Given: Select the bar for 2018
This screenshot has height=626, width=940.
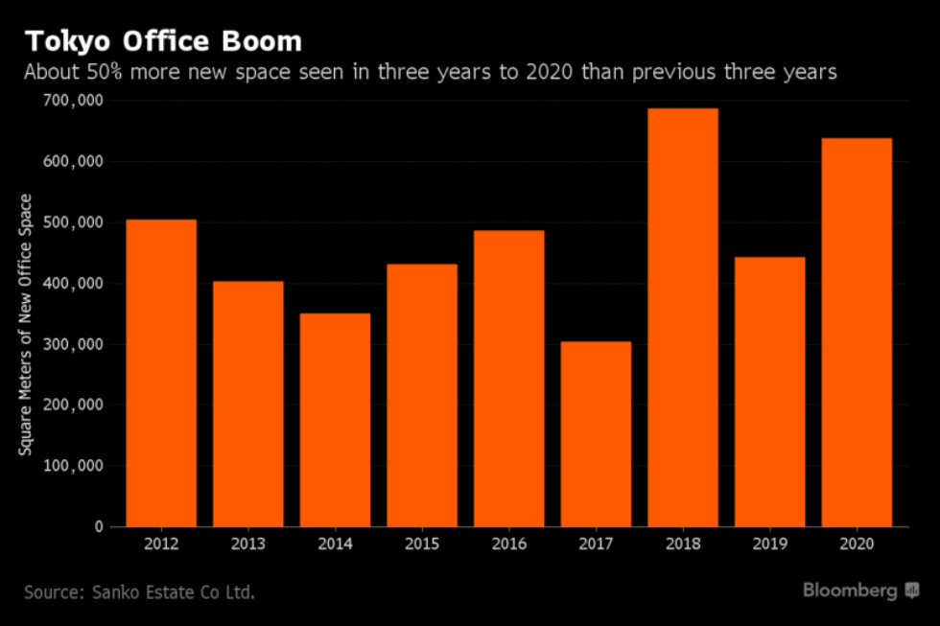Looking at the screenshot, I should click(683, 317).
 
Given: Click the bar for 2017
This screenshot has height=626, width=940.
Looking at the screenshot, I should click(596, 433).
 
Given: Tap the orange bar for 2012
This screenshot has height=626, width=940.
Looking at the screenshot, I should click(161, 373).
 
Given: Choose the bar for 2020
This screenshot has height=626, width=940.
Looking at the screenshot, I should click(857, 332).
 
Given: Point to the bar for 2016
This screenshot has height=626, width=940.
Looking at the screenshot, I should click(508, 378).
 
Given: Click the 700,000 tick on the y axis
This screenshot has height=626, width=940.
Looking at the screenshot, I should click(75, 101).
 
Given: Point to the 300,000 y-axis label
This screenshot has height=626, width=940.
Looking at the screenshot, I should click(75, 344).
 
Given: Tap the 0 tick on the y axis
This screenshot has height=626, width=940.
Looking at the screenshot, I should click(98, 526).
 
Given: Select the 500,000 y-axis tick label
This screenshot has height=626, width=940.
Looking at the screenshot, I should click(75, 222).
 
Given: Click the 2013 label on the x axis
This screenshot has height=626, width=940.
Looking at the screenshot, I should click(247, 544).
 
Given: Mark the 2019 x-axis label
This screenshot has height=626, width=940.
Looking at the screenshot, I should click(770, 544).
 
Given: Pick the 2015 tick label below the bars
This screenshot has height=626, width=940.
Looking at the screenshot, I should click(422, 544).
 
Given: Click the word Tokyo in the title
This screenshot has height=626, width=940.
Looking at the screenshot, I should click(63, 42).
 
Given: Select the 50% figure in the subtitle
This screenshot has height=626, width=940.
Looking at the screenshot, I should click(99, 72).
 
